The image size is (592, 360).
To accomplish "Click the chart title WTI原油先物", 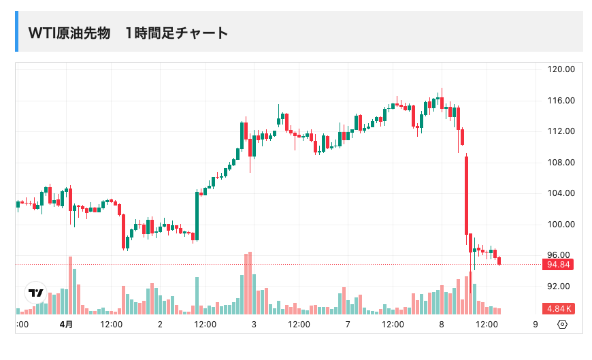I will point(69,33).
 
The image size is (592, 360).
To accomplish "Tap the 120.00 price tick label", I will point(562,69).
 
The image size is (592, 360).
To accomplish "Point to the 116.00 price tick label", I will point(562,101).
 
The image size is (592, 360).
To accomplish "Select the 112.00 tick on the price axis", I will point(562,131).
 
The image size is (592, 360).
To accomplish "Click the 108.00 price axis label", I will point(562,163).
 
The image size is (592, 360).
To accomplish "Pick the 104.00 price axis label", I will point(562,193).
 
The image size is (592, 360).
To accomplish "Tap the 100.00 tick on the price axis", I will point(562,225).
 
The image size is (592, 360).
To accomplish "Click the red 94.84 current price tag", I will point(557,265).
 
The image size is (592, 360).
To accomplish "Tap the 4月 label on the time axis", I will point(66,325).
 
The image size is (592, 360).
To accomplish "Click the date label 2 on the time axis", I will point(160,325).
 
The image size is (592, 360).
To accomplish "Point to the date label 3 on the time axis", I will point(254,325).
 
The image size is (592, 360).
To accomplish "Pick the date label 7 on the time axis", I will point(348,325).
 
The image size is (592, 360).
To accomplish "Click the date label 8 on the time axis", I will point(442,325).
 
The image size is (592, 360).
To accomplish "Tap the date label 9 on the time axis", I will point(536,325).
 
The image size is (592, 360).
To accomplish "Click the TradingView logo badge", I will point(35,293).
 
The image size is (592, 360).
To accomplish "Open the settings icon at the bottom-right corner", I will point(562,325).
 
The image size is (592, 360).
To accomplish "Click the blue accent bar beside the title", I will point(17,31).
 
